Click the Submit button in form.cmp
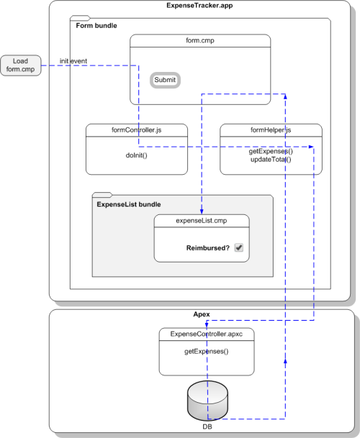pos(165,80)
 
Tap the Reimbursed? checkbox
pos(238,247)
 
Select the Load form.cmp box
pos(21,65)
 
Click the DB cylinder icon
pos(207,401)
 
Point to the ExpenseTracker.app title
pos(199,6)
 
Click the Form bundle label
pos(96,26)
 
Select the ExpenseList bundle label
pos(129,204)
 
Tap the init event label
pos(73,61)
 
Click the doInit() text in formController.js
pos(137,155)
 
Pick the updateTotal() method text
pos(271,160)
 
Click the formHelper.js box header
pos(271,130)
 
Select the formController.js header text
pos(137,130)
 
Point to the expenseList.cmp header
pos(202,221)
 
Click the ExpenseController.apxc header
pos(207,334)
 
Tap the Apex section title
pos(202,314)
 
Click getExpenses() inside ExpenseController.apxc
pos(207,352)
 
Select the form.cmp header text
pos(200,40)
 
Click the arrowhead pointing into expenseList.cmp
pos(202,211)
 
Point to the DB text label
pos(207,426)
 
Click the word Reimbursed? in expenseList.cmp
pos(208,248)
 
